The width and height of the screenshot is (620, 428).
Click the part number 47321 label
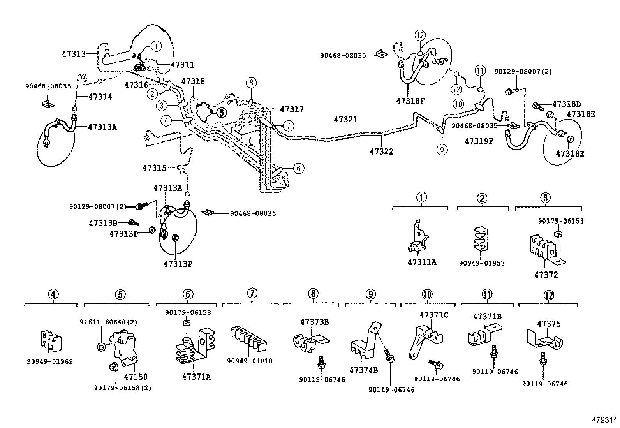(x=345, y=120)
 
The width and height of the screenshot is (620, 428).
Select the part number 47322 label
(x=381, y=151)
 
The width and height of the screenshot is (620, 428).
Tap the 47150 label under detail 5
(x=136, y=377)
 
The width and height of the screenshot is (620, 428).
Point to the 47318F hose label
(x=410, y=101)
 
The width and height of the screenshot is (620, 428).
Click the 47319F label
(x=479, y=141)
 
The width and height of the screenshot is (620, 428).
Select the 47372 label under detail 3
(x=546, y=275)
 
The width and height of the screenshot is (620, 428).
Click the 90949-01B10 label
(x=250, y=361)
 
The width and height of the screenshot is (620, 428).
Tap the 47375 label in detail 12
(x=549, y=324)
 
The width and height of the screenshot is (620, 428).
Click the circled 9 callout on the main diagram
(x=442, y=150)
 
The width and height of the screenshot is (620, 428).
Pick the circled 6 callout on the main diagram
(x=298, y=168)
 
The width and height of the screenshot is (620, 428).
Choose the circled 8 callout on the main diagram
(x=252, y=82)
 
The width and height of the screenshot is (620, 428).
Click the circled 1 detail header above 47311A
(x=421, y=197)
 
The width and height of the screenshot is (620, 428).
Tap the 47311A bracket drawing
(x=419, y=238)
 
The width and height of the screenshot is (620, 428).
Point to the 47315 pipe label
(x=154, y=168)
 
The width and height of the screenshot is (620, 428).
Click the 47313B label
(x=103, y=223)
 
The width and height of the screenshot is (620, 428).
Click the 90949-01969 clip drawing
(x=51, y=341)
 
